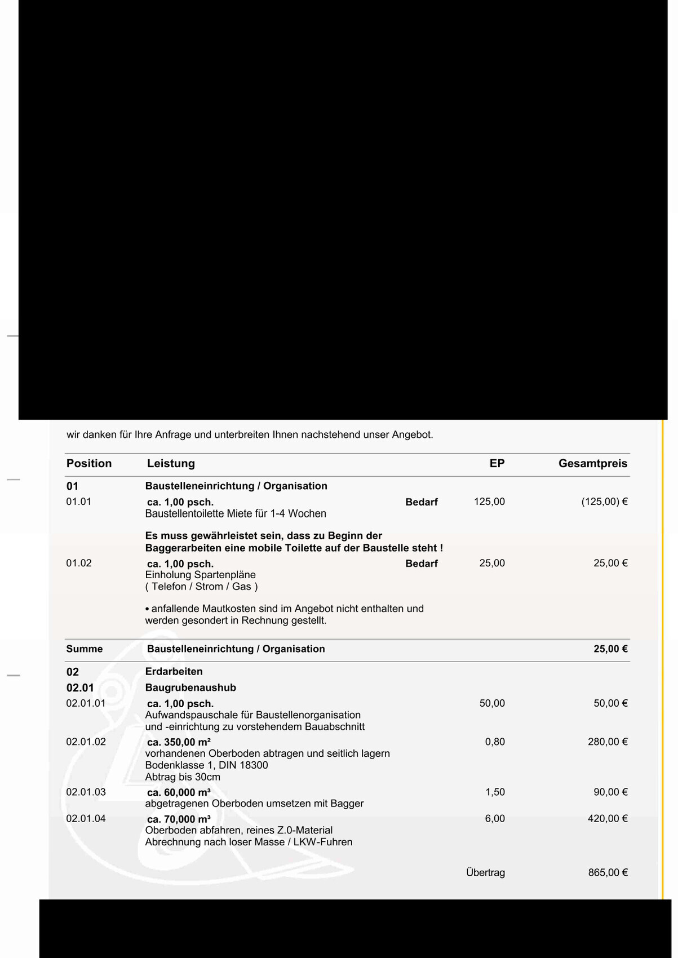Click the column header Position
pos(89,464)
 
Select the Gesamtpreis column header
pos(592,464)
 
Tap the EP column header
pos(497,464)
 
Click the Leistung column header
pos(171,464)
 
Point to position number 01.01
pos(79,502)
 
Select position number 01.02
pos(79,563)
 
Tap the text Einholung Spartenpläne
pos(201,575)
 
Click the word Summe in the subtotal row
pos(85,649)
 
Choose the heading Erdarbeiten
pos(174,672)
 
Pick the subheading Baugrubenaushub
pos(190,688)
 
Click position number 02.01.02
pos(86,742)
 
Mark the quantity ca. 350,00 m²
pos(179,742)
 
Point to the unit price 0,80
pos(495,742)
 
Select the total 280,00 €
pos(608,742)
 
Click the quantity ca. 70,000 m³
pos(179,819)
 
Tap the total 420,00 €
pos(608,818)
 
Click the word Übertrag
pos(485,873)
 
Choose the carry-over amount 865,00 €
pos(608,873)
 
